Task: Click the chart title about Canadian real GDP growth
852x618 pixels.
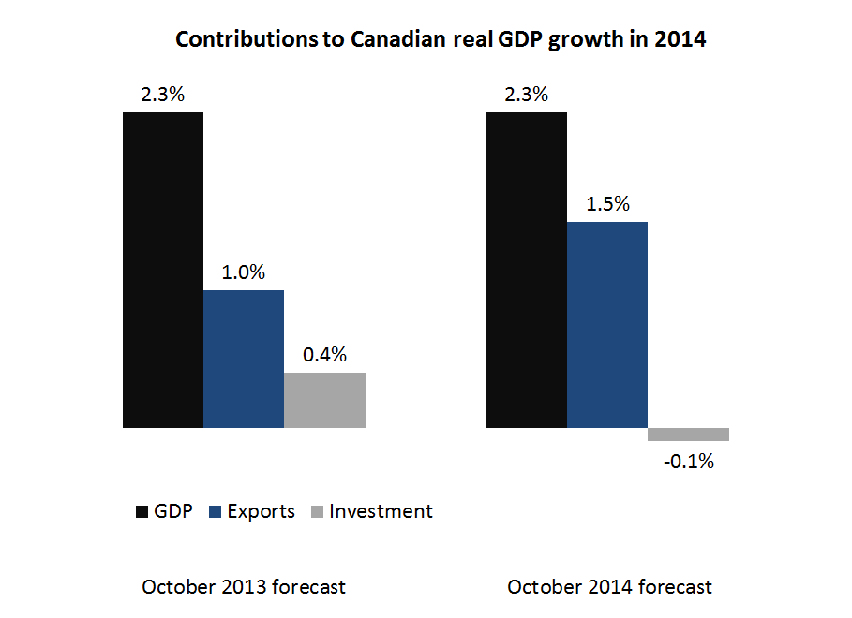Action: click(x=440, y=40)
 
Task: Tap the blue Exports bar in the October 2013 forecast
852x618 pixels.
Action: click(x=244, y=359)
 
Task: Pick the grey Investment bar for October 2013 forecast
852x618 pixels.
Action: click(x=324, y=400)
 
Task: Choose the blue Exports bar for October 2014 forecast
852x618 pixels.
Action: click(x=606, y=324)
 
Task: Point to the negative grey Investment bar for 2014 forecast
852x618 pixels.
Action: click(x=688, y=434)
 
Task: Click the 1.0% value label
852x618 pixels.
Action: click(x=244, y=272)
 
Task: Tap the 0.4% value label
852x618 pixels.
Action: click(x=324, y=355)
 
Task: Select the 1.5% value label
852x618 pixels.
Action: click(x=606, y=204)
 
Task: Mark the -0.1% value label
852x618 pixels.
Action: click(x=688, y=461)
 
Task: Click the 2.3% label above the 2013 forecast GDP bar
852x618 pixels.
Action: click(x=162, y=95)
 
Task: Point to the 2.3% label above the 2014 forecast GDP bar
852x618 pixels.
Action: click(x=526, y=95)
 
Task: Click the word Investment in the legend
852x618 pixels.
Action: click(x=381, y=511)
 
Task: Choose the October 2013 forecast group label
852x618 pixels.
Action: click(x=244, y=587)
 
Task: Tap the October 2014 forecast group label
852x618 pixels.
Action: click(x=609, y=587)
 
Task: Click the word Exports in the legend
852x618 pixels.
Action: click(x=262, y=511)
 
